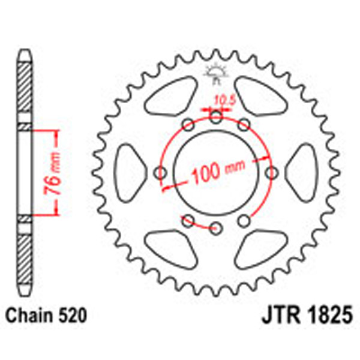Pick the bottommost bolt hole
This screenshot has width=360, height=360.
pos(216,227)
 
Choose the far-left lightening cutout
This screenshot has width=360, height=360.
pos(127,173)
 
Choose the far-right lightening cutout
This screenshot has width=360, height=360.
pos(305,173)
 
